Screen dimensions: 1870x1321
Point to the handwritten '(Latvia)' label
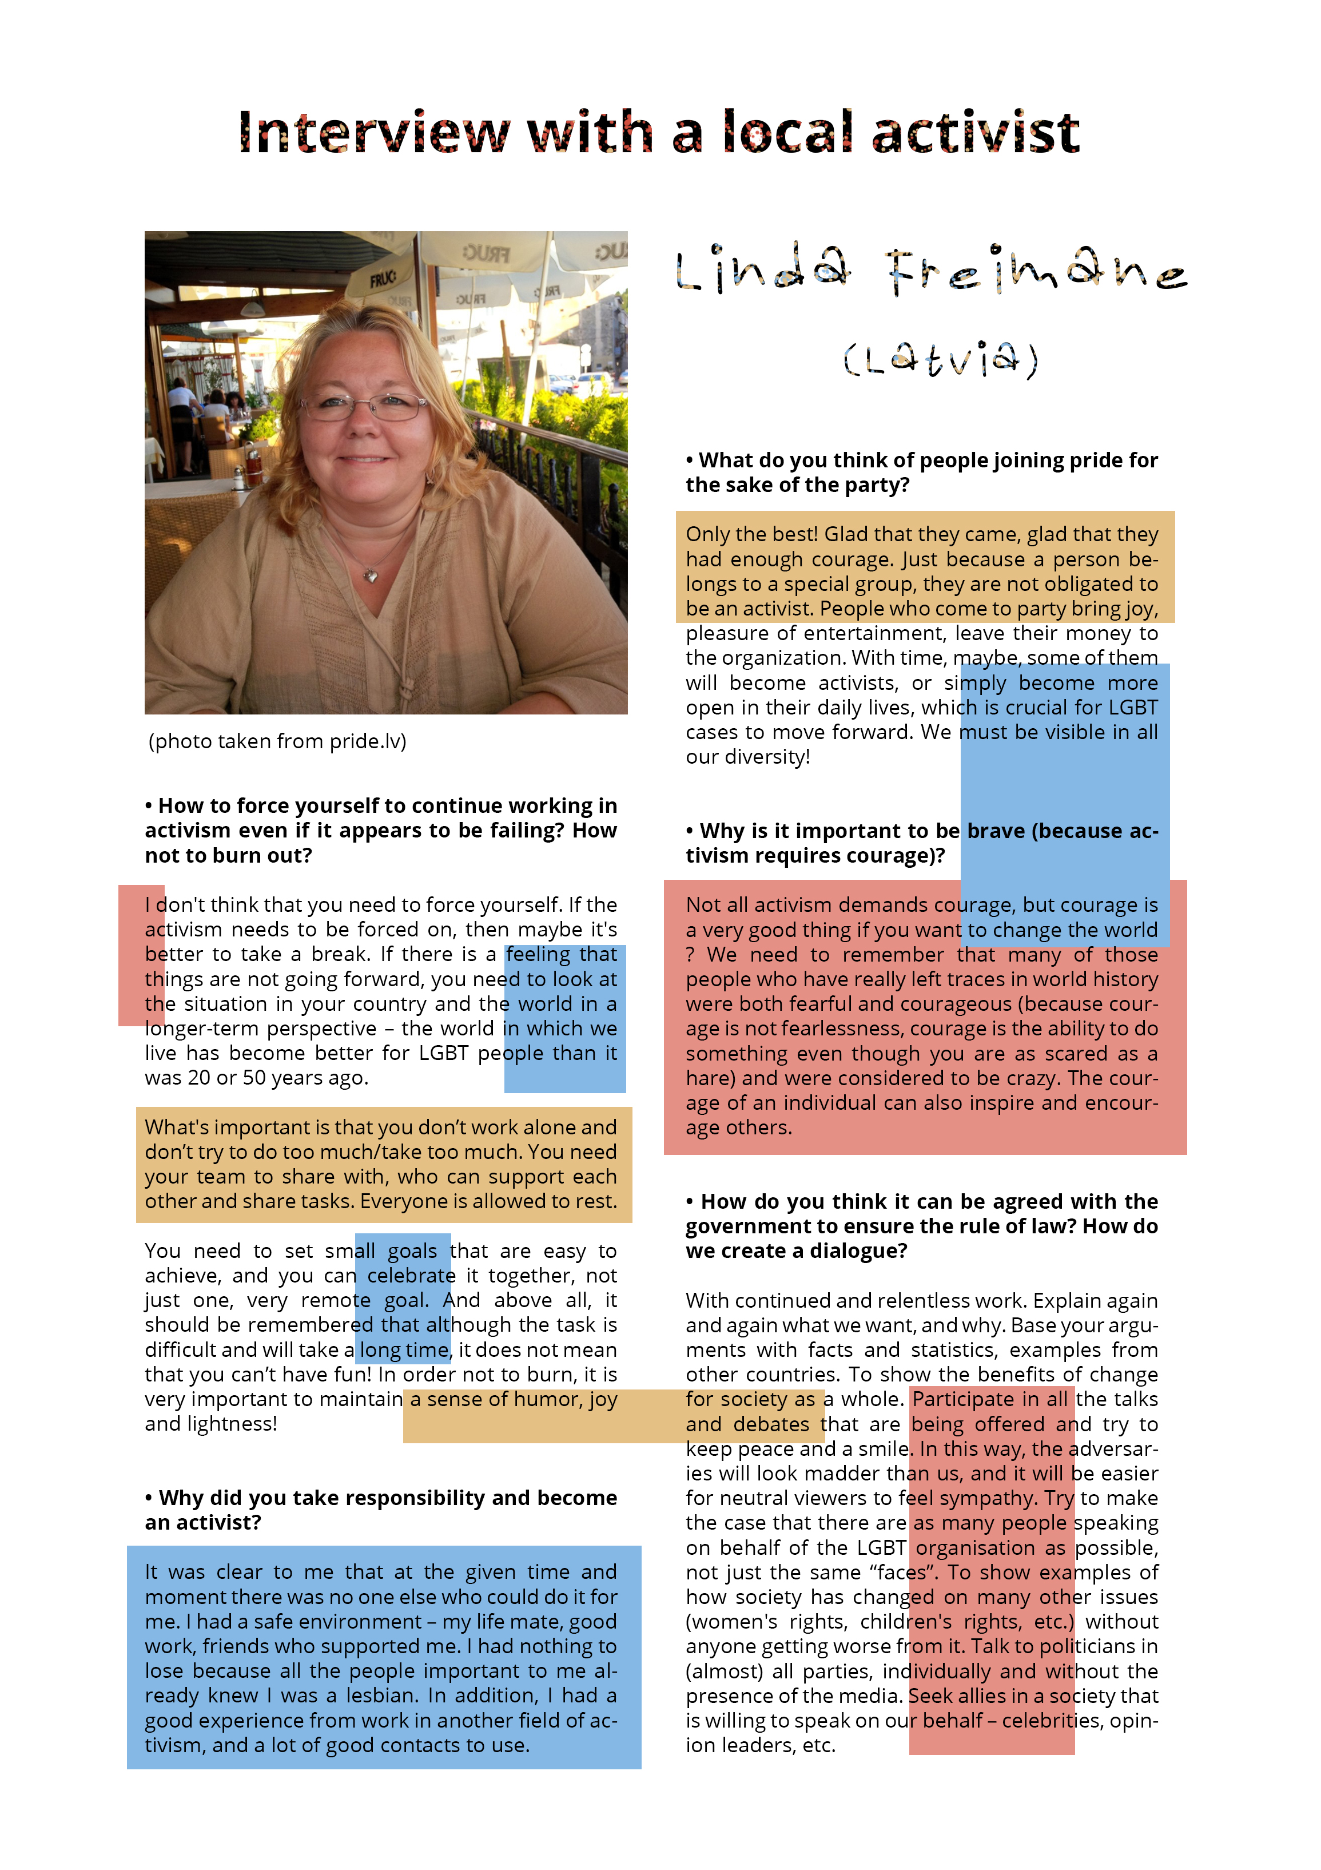click(941, 359)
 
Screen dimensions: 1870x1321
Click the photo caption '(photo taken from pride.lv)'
click(277, 741)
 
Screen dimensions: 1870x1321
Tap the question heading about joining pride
click(920, 473)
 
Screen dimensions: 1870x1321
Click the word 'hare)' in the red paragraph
click(709, 1078)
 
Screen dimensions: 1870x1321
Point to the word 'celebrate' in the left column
click(411, 1276)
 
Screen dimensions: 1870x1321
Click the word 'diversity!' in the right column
click(770, 757)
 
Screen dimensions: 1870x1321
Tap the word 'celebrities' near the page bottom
click(1051, 1720)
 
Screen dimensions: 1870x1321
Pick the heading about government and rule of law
click(920, 1226)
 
